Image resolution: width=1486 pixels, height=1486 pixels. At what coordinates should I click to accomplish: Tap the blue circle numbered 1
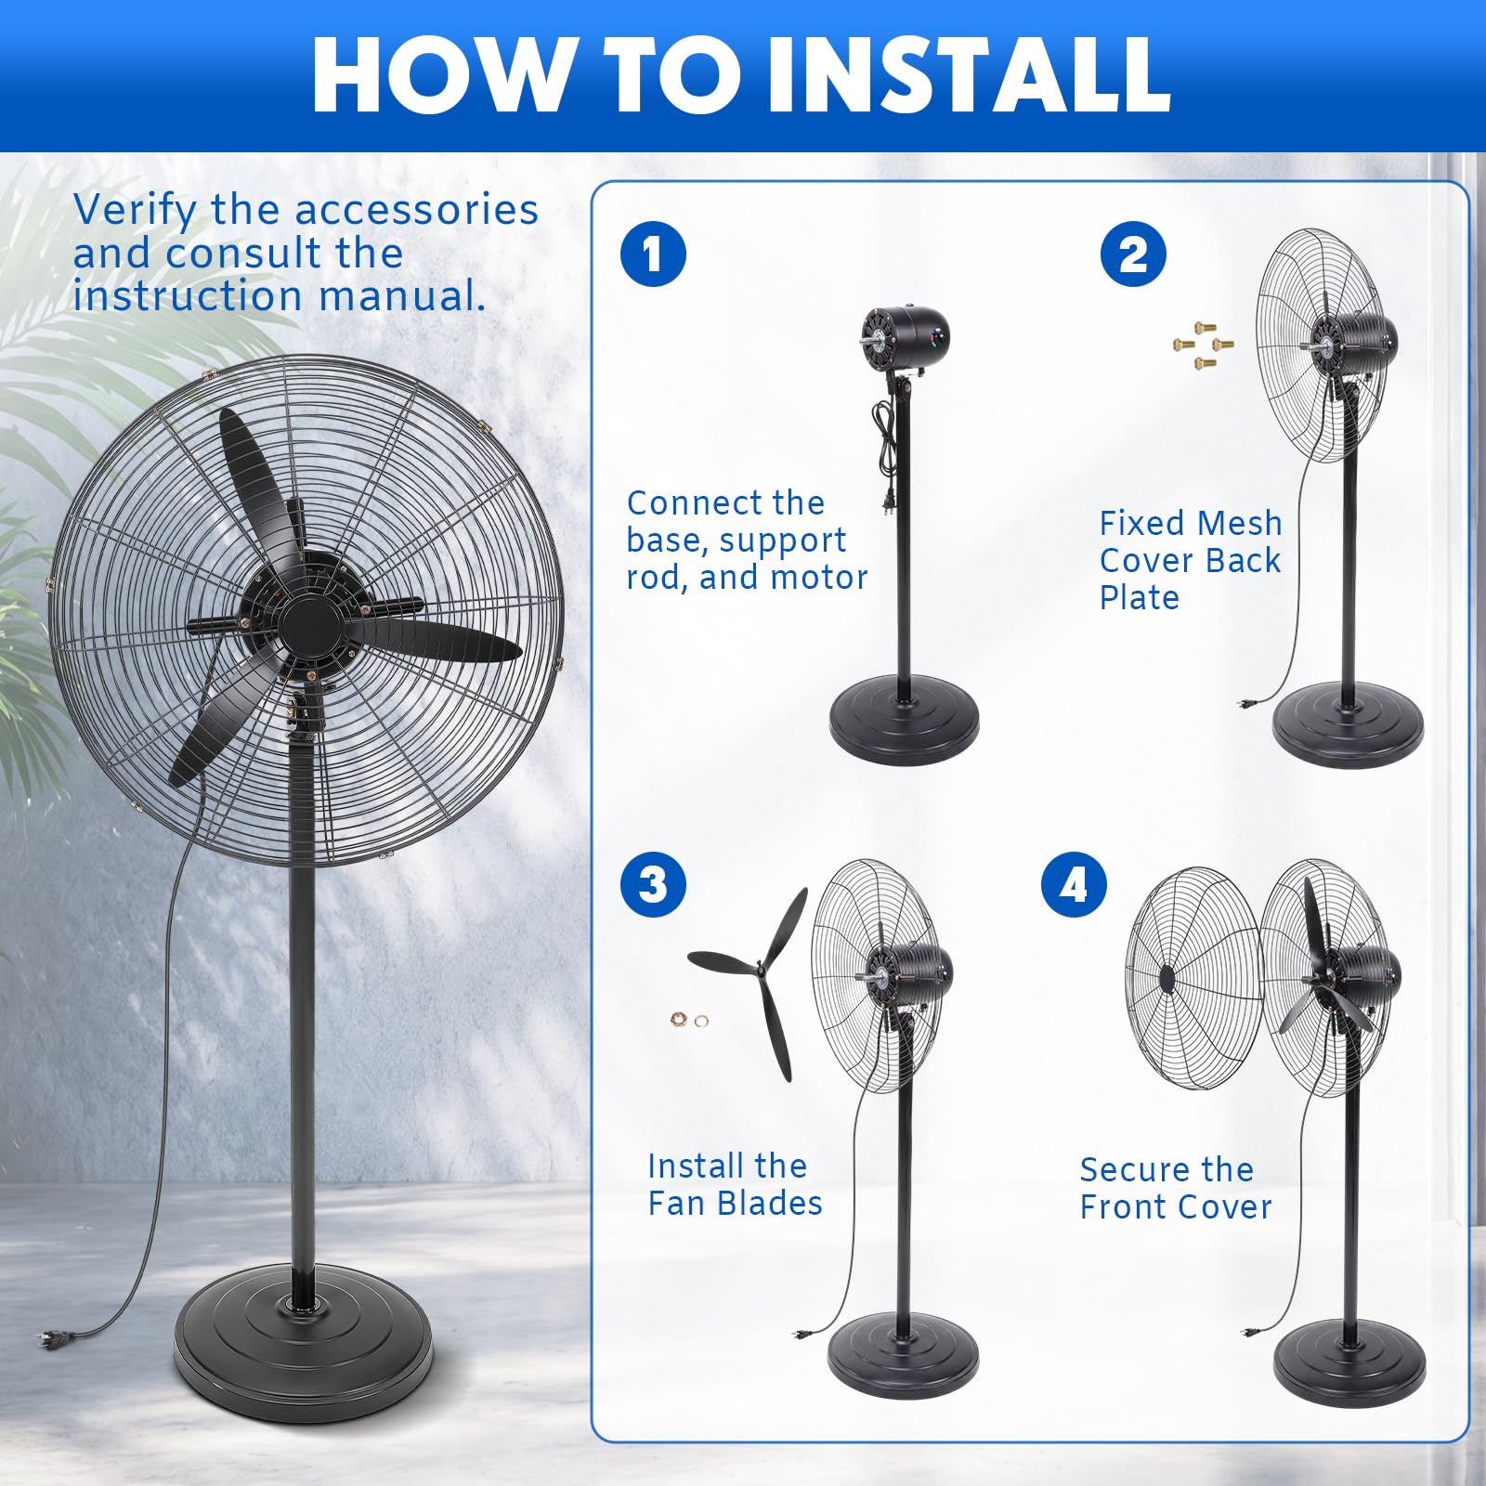tap(653, 254)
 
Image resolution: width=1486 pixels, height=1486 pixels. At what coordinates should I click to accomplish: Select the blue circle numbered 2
tap(1133, 254)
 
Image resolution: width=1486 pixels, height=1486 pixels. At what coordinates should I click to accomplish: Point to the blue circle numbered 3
tap(653, 884)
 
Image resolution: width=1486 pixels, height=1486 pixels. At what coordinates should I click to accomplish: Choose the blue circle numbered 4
tap(1074, 884)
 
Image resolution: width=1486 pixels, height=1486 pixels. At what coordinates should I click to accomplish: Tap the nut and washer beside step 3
tap(688, 1021)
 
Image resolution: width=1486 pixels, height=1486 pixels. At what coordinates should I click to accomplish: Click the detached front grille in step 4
tap(1194, 979)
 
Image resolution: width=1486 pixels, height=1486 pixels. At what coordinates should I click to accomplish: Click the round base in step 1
tap(904, 721)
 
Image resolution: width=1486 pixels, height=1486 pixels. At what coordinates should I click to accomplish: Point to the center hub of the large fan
tap(304, 623)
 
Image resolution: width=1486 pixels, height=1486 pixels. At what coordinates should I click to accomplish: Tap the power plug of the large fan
tap(47, 1338)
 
